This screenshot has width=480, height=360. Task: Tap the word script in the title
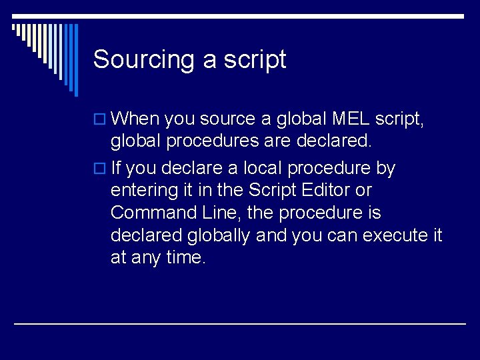(255, 60)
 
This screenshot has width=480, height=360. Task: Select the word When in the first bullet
(135, 119)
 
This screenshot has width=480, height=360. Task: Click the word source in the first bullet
(227, 119)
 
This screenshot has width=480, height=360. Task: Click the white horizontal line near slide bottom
(240, 324)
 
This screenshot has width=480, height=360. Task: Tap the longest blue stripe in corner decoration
(75, 60)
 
